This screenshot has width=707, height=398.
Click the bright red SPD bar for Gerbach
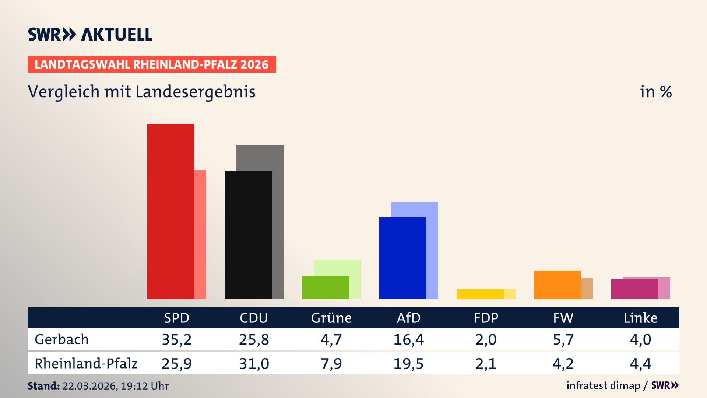click(x=170, y=211)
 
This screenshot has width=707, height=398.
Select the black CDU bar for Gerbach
click(x=248, y=235)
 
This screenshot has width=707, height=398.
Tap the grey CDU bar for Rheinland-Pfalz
click(x=278, y=221)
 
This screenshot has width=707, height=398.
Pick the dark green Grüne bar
click(x=325, y=287)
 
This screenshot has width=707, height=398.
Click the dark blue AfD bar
click(x=402, y=258)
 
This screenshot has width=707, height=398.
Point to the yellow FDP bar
click(x=480, y=294)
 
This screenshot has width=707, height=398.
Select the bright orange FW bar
click(x=557, y=285)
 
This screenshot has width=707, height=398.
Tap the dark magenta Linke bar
click(x=634, y=289)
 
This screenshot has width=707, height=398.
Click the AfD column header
click(x=408, y=318)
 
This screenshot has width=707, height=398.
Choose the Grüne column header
click(x=331, y=318)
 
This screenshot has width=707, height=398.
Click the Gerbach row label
click(x=61, y=339)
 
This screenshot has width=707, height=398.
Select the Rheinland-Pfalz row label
click(x=86, y=364)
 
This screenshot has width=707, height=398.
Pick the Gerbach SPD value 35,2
click(x=177, y=339)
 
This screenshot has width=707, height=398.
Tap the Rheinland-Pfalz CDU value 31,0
click(x=254, y=364)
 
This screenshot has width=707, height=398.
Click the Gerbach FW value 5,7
click(x=563, y=339)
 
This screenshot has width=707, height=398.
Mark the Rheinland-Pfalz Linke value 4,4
click(x=640, y=364)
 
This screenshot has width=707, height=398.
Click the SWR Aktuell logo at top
click(x=90, y=34)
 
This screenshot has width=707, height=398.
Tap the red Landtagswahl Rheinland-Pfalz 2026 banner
click(x=152, y=64)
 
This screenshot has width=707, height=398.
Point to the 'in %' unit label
click(x=656, y=92)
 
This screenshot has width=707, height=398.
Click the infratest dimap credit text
click(x=603, y=385)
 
